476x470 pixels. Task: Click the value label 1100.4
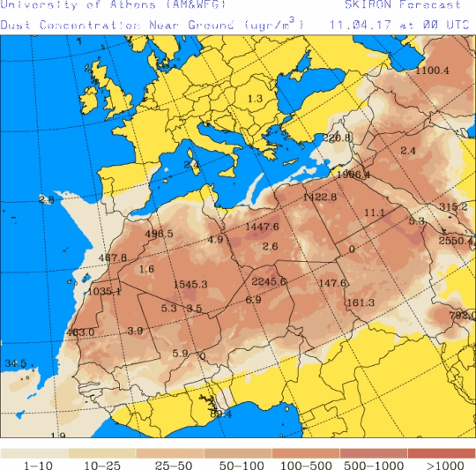[x=433, y=71]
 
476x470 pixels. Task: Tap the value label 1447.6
[x=263, y=228]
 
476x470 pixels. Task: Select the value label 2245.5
[x=269, y=281]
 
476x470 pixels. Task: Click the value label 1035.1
[x=104, y=291]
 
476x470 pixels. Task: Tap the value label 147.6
[x=332, y=283]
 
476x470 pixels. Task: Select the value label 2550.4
[x=457, y=241]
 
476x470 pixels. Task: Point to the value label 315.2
[x=453, y=206]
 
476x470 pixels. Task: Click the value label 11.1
[x=375, y=213]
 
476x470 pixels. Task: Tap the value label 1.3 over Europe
[x=256, y=98]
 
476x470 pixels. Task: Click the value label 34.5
[x=15, y=363]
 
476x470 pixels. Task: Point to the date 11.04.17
[x=357, y=25]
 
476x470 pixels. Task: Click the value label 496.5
[x=160, y=234]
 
